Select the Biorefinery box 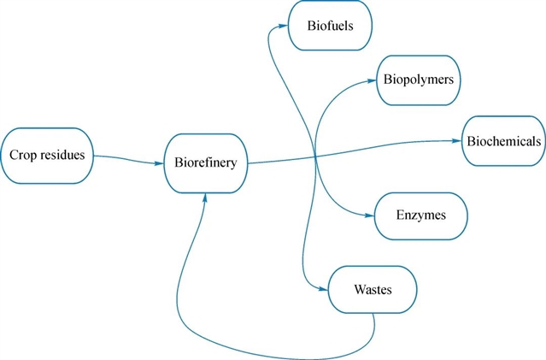(x=206, y=161)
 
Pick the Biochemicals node (x=502, y=140)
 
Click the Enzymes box (x=421, y=214)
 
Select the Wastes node (x=372, y=289)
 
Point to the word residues (x=61, y=156)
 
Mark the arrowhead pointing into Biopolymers (x=373, y=80)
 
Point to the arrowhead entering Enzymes (x=371, y=214)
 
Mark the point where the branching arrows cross (x=315, y=155)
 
